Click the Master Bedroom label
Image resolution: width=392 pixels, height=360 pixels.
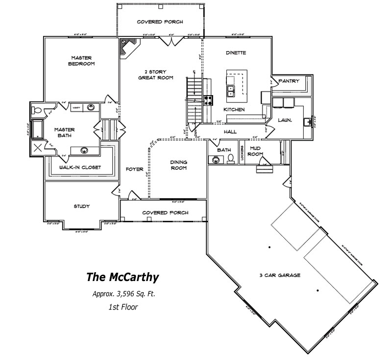[x=82, y=60]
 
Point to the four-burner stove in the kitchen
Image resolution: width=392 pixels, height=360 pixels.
[x=208, y=101]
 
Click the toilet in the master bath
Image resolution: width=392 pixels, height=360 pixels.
[x=37, y=109]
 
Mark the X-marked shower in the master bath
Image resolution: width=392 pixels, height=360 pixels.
[x=37, y=147]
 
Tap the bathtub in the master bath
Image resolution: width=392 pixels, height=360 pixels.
[x=36, y=129]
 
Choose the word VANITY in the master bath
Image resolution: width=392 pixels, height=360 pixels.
[x=76, y=106]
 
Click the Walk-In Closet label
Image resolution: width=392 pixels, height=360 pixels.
[x=80, y=167]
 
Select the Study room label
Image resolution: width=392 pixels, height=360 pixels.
[x=82, y=206]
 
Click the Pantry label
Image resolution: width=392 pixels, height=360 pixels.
[x=289, y=81]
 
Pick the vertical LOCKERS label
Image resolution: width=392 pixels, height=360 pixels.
[x=242, y=154]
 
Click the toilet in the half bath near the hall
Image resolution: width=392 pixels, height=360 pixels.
[x=230, y=158]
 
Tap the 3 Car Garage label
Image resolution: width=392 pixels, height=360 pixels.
[x=280, y=275]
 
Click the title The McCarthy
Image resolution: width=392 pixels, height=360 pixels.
[x=122, y=277]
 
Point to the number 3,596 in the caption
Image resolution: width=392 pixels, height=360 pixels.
[x=125, y=294]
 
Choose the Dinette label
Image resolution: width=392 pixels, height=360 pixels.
[x=236, y=53]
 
